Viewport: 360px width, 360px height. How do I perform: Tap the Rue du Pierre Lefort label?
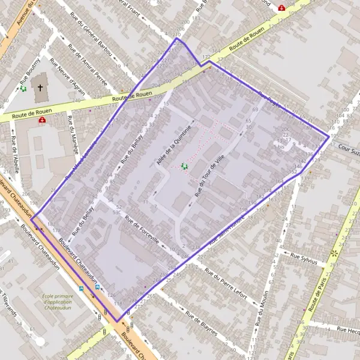pos(226,283)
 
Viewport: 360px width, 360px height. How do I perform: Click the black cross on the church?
pos(40,88)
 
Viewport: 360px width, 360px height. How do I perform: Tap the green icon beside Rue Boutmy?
pos(23,89)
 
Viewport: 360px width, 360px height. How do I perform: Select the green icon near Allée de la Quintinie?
pos(184,166)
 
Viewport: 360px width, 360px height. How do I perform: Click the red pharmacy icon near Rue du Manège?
pos(42,120)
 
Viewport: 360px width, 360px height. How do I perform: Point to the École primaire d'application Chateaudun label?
pos(62,299)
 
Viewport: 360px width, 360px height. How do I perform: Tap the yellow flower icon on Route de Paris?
pos(335,253)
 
